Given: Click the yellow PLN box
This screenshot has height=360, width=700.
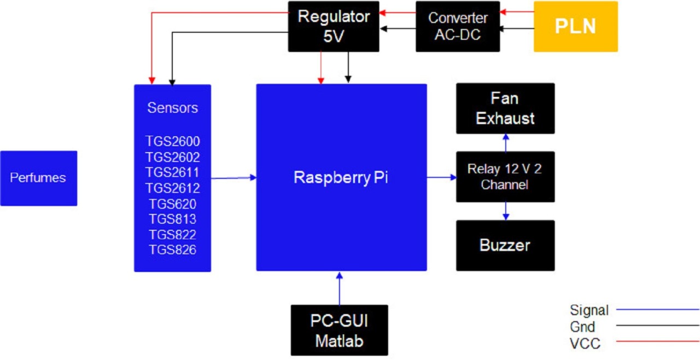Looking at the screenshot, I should pos(575,26).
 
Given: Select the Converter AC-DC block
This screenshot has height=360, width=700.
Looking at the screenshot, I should pos(458,26).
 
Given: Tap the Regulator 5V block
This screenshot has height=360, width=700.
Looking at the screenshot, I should pos(334,26).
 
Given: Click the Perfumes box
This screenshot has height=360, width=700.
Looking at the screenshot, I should pos(38,178).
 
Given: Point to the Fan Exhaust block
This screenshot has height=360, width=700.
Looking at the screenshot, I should pos(505,108).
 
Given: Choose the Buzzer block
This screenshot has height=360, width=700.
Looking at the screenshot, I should pos(505,245).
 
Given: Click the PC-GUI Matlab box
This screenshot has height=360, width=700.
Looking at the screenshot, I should pos(340,330).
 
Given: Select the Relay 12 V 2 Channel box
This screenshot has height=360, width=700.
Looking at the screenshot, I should pos(505,177).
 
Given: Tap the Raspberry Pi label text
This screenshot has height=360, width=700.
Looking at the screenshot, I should pos(341,178).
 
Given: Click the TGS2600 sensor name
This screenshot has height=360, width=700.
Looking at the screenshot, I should pos(173,142).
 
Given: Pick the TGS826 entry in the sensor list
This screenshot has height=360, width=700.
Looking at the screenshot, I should pos(173,250).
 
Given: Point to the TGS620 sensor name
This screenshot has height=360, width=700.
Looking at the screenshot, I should pos(173,204).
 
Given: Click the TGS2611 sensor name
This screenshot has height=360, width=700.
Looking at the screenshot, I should pos(173,173).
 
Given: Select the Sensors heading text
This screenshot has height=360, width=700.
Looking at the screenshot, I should pos(173,108).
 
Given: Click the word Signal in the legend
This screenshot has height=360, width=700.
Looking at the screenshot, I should pos(589,310).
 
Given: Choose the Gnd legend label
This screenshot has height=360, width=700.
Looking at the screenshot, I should pos(582,327).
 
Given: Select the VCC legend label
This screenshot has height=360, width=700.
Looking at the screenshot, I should pos(585,344).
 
